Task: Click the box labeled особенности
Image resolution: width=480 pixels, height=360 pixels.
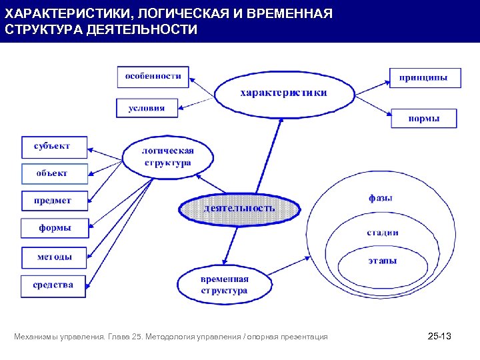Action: point(153,76)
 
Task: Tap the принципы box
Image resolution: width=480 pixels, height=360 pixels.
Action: point(423,78)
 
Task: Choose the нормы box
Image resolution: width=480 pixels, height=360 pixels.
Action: point(424,119)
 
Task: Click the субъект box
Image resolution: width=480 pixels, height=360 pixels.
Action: point(54,146)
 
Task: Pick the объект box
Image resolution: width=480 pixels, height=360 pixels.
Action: point(54,173)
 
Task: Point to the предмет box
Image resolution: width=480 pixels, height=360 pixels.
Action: point(54,201)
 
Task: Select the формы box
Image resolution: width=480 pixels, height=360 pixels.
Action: point(54,228)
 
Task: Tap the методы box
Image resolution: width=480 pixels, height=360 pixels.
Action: point(54,257)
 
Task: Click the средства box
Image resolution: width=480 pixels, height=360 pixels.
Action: point(54,285)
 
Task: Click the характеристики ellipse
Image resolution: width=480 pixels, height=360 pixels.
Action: point(283,93)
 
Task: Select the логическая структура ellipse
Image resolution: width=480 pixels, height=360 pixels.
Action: point(167,157)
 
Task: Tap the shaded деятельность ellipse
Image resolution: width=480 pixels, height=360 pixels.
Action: point(239,208)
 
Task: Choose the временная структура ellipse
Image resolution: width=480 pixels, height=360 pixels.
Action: point(224,285)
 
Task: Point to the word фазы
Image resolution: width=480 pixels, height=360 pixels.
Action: point(381,198)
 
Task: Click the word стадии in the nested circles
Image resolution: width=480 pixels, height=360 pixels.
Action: point(383,233)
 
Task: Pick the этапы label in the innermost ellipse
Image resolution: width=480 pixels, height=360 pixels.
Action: point(383,261)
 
